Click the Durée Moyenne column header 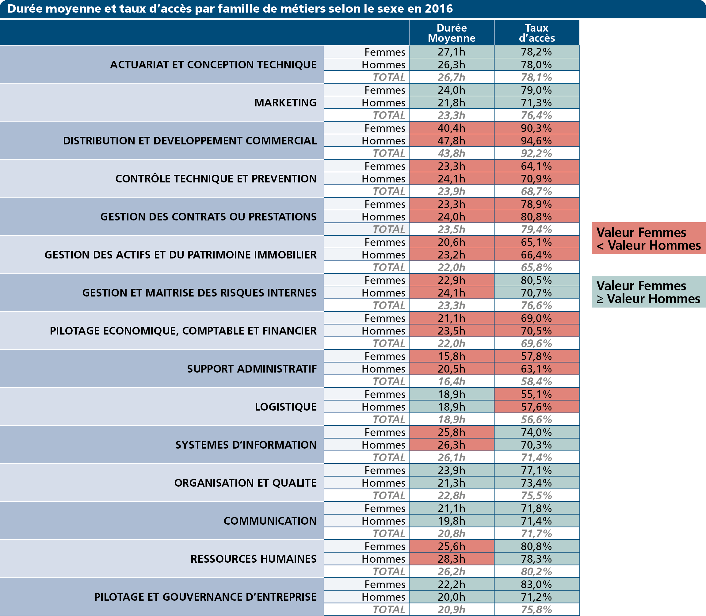tap(451, 33)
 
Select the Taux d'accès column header tap(536, 33)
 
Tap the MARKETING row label tap(285, 102)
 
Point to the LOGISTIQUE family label tap(286, 407)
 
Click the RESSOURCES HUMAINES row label tap(253, 559)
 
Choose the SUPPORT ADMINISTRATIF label tap(252, 369)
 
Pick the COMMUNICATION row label tap(270, 521)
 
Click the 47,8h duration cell tap(451, 141)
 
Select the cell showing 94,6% tap(536, 141)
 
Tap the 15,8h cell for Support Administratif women tap(451, 356)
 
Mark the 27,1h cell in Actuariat tap(451, 52)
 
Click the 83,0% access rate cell tap(536, 584)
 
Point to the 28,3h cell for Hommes tap(451, 559)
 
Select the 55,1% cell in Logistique tap(536, 394)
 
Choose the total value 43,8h tap(451, 153)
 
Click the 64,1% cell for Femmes tap(536, 166)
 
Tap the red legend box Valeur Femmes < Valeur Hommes tap(649, 238)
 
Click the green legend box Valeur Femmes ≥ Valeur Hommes tap(649, 292)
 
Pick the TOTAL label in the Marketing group tap(389, 115)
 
